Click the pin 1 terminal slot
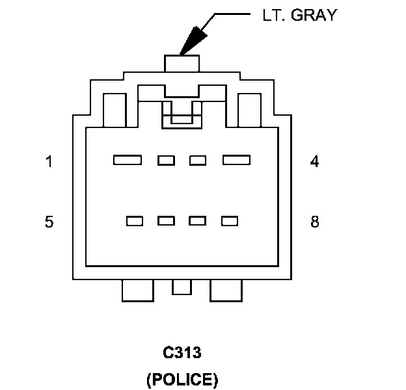128,160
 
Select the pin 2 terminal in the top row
166,160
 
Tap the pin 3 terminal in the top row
197,160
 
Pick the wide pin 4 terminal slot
237,160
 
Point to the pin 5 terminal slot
135,221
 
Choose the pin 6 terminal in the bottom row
166,221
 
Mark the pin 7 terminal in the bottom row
197,221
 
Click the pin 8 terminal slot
229,221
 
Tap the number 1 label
49,162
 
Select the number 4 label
315,162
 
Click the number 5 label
49,222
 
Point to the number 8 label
315,222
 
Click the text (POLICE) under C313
182,378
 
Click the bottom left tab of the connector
137,291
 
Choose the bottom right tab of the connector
226,291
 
